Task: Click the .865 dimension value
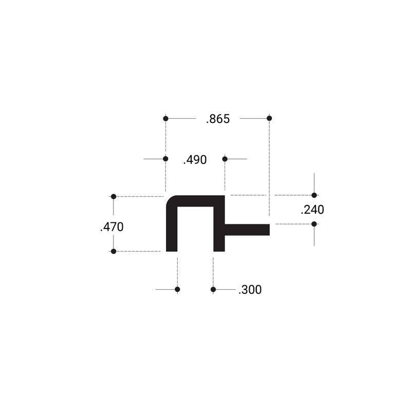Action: coord(218,119)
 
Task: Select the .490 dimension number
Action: coord(195,160)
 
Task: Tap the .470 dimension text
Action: coord(111,227)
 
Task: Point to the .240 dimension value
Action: coord(312,210)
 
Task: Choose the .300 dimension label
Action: coord(250,290)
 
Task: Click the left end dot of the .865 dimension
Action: coord(165,119)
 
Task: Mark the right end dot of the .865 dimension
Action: coord(269,119)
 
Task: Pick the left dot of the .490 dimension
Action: coord(165,159)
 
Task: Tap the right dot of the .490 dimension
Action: coord(225,159)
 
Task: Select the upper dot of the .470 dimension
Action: coord(114,196)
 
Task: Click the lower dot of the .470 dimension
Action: coord(114,251)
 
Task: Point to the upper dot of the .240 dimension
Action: coord(314,195)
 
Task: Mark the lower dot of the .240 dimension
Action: coord(314,224)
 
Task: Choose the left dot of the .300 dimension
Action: coord(177,290)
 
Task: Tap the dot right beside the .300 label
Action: coord(213,290)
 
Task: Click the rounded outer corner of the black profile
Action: coord(170,200)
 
